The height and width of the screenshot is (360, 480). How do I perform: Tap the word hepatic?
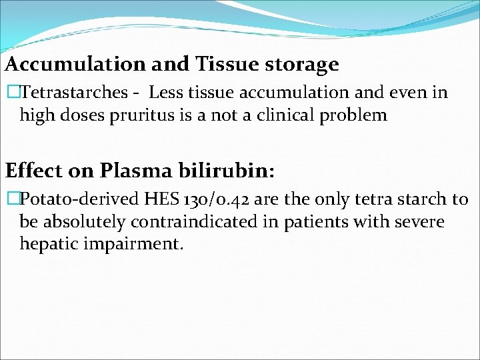[49, 244]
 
